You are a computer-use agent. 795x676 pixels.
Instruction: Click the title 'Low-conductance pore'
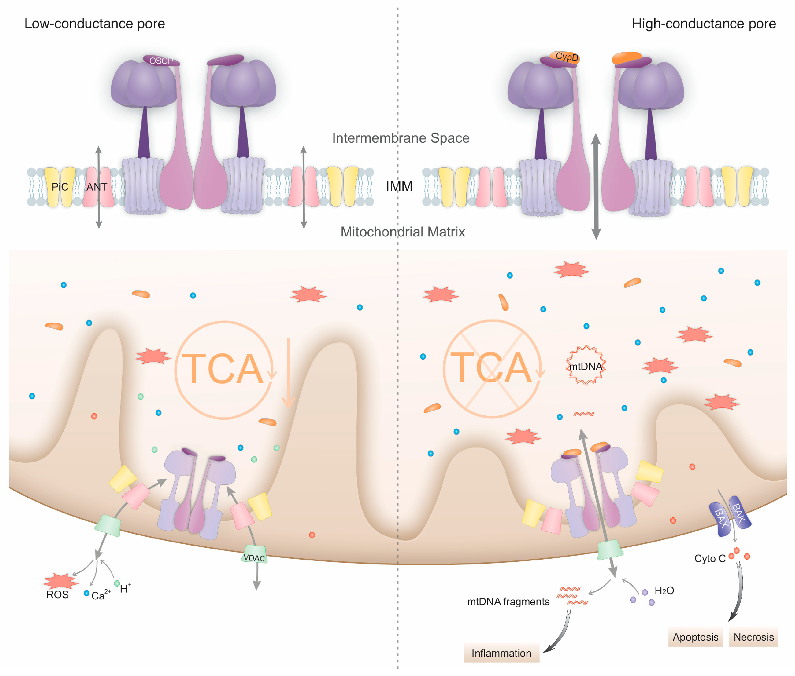pyautogui.click(x=94, y=24)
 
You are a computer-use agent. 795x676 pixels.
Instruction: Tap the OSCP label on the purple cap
pyautogui.click(x=161, y=61)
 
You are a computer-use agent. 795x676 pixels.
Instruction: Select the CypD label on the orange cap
pyautogui.click(x=566, y=57)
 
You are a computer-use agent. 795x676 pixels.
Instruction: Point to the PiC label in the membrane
pyautogui.click(x=60, y=187)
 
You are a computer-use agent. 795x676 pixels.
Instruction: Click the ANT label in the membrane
pyautogui.click(x=96, y=187)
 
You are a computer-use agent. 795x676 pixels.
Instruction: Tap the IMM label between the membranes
pyautogui.click(x=399, y=186)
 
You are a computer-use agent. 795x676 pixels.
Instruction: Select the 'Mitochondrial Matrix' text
pyautogui.click(x=402, y=232)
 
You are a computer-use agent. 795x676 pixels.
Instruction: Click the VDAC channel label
pyautogui.click(x=254, y=558)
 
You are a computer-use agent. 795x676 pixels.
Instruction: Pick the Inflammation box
pyautogui.click(x=501, y=653)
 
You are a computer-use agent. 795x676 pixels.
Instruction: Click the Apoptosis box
pyautogui.click(x=695, y=637)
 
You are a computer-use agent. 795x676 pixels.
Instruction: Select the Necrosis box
pyautogui.click(x=753, y=637)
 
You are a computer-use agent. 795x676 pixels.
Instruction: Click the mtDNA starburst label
pyautogui.click(x=585, y=366)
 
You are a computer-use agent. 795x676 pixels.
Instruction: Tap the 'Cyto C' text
pyautogui.click(x=709, y=558)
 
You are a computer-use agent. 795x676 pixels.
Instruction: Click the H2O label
pyautogui.click(x=664, y=590)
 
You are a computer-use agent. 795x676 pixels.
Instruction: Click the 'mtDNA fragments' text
pyautogui.click(x=508, y=602)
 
